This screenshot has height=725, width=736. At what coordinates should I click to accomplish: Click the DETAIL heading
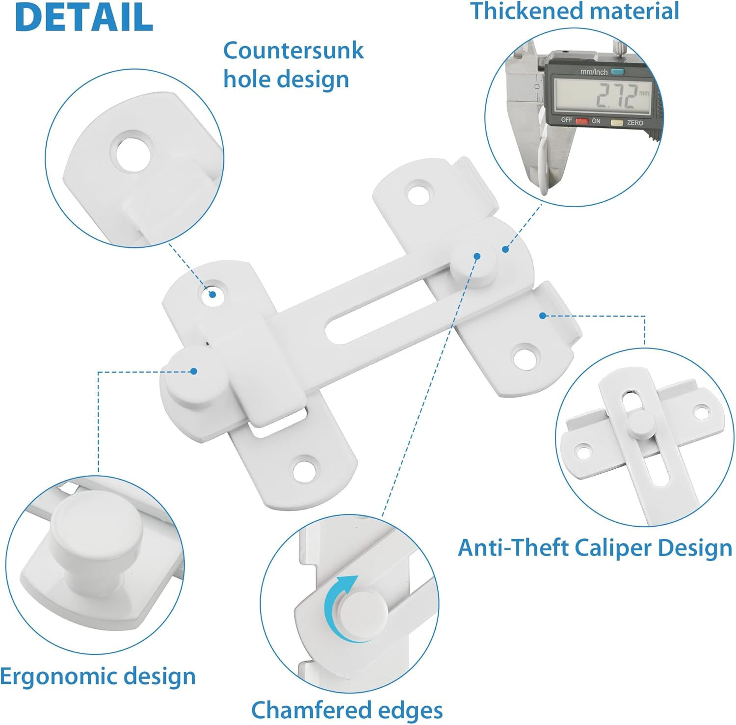coord(84,17)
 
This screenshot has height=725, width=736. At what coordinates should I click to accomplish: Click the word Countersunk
coord(293,51)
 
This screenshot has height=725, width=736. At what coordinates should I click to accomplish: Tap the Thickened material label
coord(575,11)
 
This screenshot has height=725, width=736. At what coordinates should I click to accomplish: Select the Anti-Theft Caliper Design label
coord(594,547)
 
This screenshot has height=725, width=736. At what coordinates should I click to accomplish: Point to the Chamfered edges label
coord(347,710)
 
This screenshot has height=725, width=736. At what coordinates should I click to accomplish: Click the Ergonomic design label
coord(98,676)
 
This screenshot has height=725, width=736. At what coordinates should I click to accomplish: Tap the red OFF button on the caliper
coord(581,121)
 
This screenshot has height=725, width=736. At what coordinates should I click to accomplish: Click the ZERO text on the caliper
coord(634,123)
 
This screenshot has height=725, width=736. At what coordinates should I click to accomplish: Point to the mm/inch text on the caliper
coord(594,72)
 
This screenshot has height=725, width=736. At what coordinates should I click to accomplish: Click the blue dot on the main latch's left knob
coord(194,372)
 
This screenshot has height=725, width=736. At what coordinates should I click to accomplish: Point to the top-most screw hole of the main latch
coord(420,192)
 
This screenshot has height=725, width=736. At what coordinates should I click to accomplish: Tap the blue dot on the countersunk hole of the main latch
coord(212,295)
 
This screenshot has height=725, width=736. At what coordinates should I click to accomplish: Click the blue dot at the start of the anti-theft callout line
coord(542,316)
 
